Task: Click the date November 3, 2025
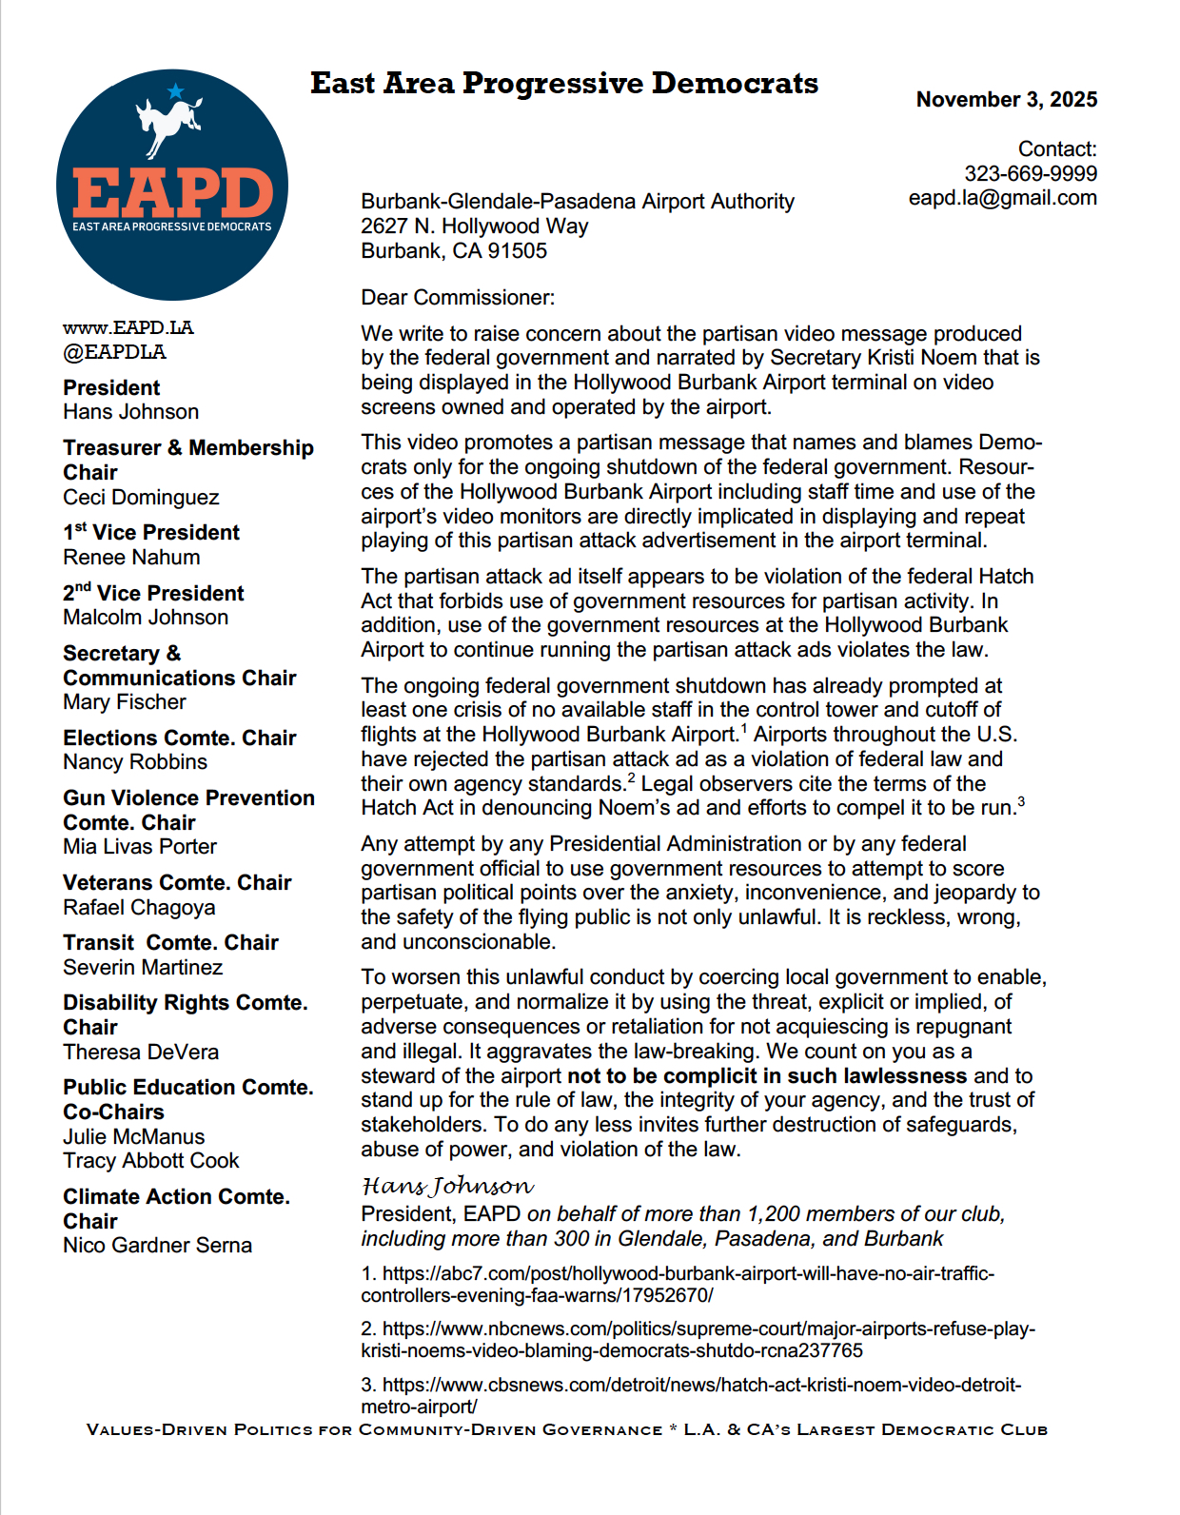pyautogui.click(x=1006, y=100)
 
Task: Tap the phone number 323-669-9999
pyautogui.click(x=1030, y=173)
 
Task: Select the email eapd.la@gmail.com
pyautogui.click(x=1002, y=198)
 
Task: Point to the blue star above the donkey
pyautogui.click(x=175, y=91)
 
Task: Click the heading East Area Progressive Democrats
pyautogui.click(x=563, y=84)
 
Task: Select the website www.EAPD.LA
pyautogui.click(x=128, y=327)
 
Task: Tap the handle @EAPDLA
pyautogui.click(x=114, y=352)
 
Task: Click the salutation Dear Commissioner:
pyautogui.click(x=458, y=298)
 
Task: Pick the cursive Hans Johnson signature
pyautogui.click(x=447, y=1186)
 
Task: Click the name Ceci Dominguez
pyautogui.click(x=141, y=498)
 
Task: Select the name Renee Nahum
pyautogui.click(x=131, y=558)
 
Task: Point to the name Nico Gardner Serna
pyautogui.click(x=157, y=1246)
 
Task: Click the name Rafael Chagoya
pyautogui.click(x=139, y=908)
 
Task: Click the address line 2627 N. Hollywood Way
pyautogui.click(x=474, y=226)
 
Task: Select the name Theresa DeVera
pyautogui.click(x=141, y=1053)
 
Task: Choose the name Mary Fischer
pyautogui.click(x=125, y=702)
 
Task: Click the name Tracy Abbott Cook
pyautogui.click(x=151, y=1161)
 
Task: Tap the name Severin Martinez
pyautogui.click(x=143, y=968)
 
